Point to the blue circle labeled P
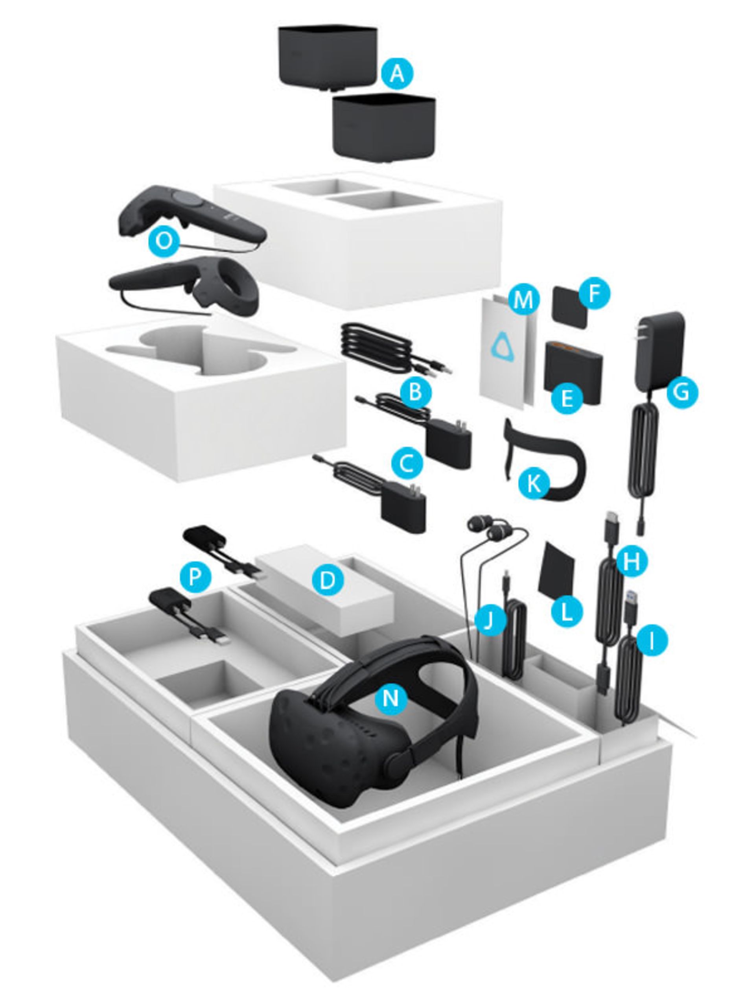(195, 577)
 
